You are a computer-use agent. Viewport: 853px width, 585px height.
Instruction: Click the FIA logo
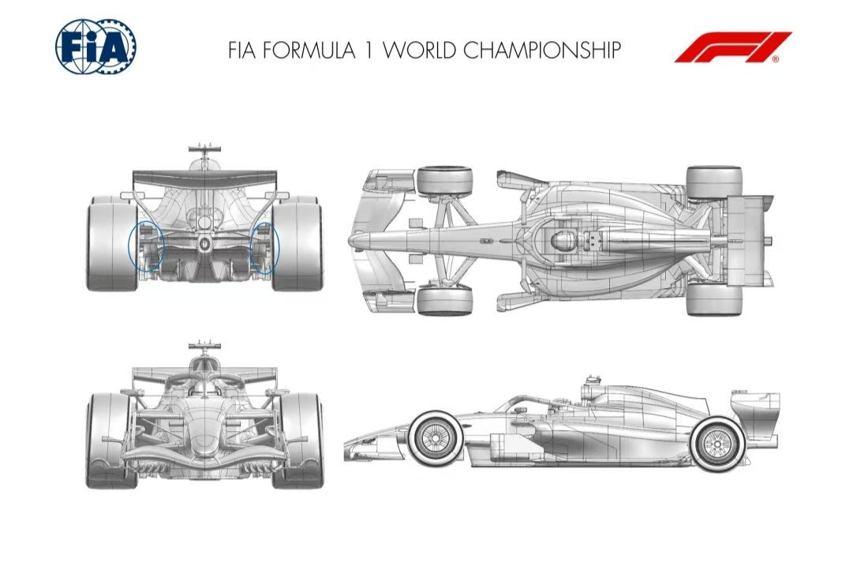95,47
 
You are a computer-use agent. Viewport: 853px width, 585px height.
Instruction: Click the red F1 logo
733,47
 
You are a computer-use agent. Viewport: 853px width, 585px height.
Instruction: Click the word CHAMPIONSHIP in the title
542,50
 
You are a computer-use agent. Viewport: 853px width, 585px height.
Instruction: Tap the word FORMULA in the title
309,50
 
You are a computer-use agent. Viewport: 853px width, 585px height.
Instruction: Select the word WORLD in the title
419,50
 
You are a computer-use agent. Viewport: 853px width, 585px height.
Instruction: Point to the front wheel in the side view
436,437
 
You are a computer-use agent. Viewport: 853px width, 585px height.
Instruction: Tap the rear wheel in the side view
716,444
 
